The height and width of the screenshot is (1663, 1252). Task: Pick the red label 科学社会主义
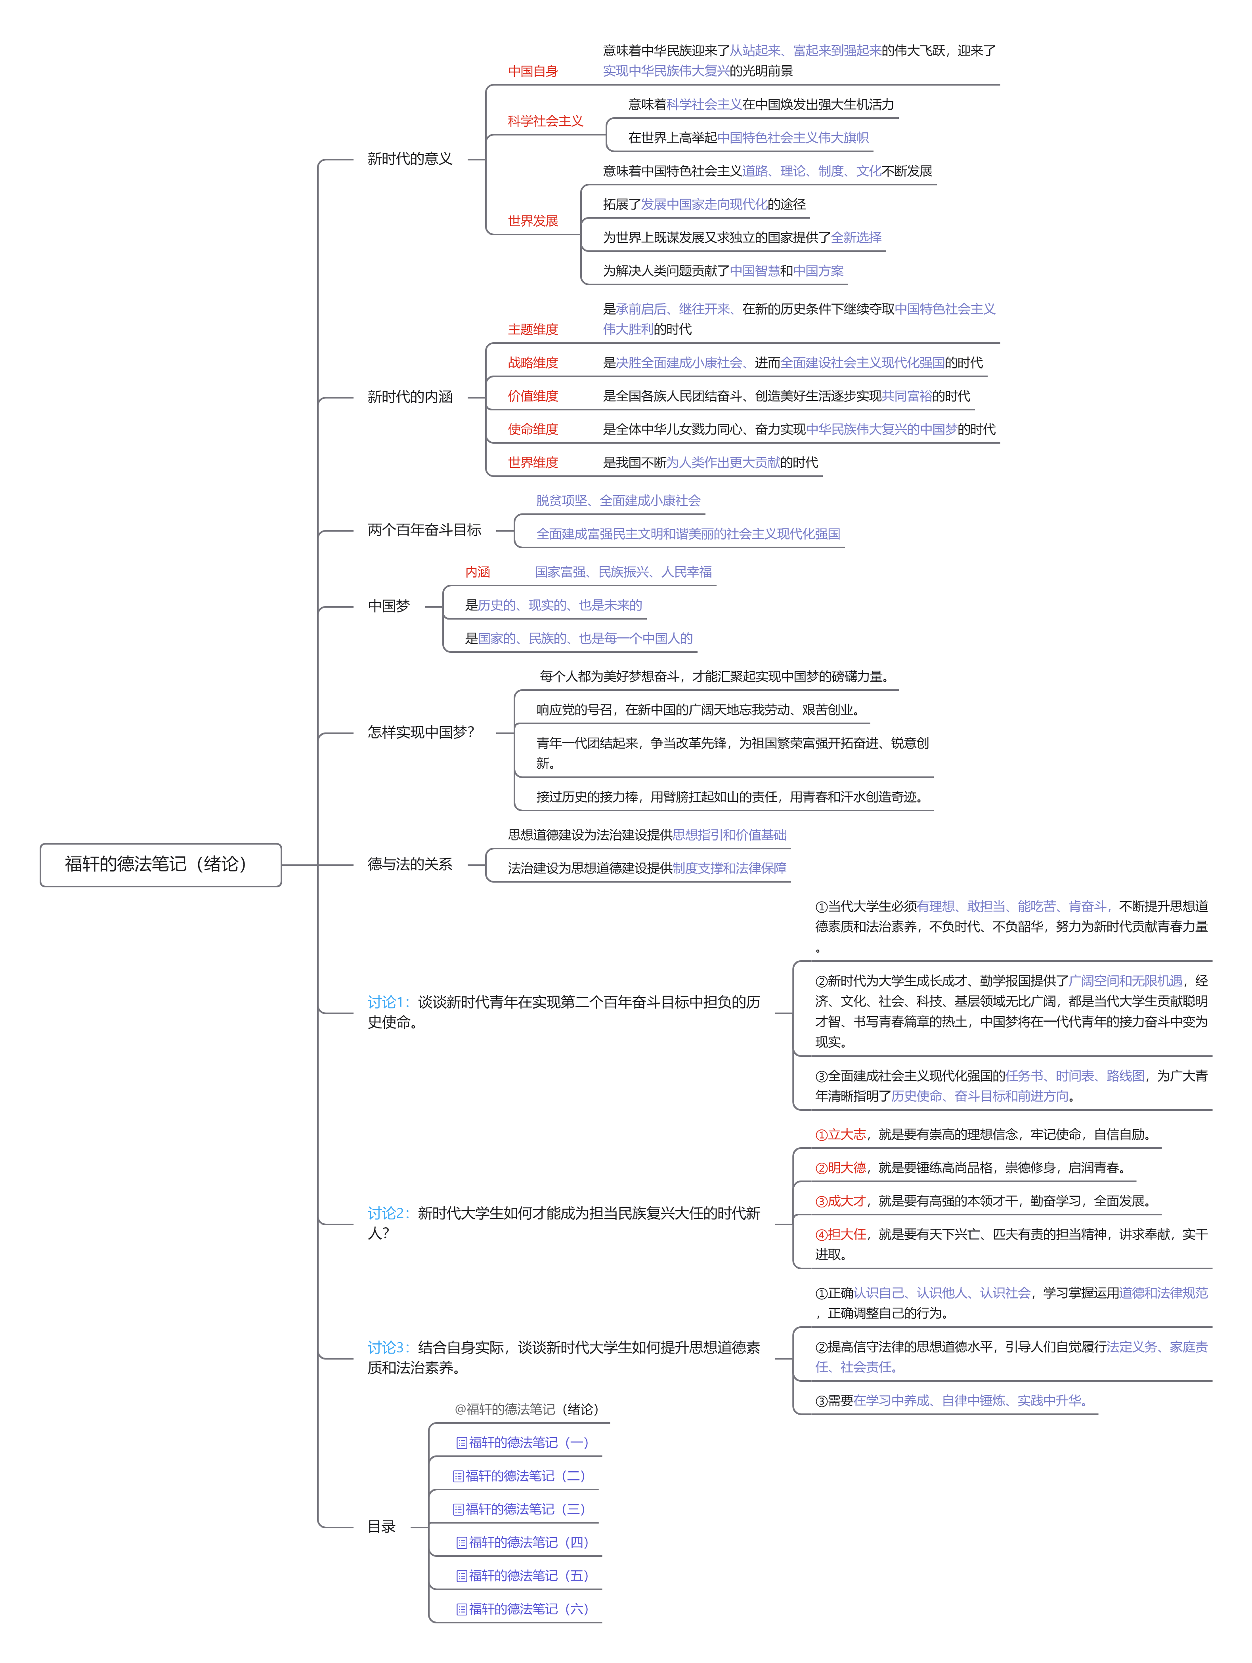[545, 121]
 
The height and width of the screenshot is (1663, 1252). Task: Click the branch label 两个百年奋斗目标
[424, 530]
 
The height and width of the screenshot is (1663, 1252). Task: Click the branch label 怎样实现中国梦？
[421, 732]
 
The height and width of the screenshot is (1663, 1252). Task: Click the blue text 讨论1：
[388, 1002]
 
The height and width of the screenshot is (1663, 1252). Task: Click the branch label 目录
[381, 1527]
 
